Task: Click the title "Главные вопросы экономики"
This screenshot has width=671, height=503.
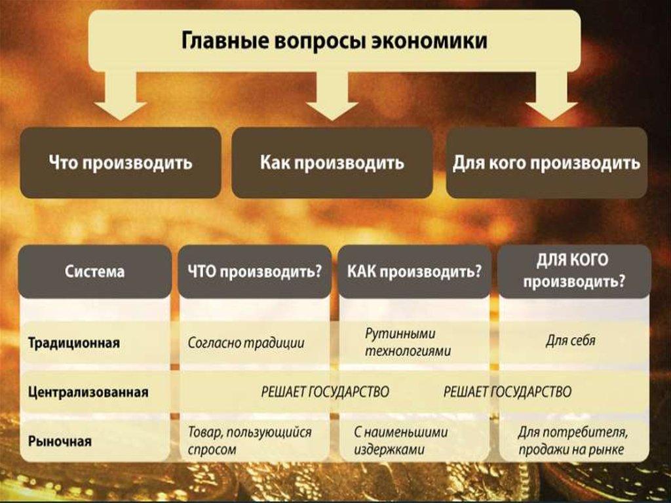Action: [x=334, y=41]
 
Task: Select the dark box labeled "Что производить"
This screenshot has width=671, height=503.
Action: [x=121, y=163]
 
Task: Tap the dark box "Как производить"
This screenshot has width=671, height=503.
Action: [x=332, y=163]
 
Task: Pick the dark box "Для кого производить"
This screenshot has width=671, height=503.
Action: [x=546, y=163]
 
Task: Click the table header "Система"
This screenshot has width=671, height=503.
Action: [x=94, y=271]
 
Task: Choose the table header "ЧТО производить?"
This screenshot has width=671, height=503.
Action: [x=254, y=271]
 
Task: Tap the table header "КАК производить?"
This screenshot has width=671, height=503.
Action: [x=414, y=271]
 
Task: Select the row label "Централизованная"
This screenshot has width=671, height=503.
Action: [x=88, y=392]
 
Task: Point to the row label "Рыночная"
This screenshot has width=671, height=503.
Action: [x=60, y=441]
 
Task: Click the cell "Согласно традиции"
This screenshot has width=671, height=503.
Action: [x=246, y=342]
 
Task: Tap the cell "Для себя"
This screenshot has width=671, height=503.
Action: [x=570, y=342]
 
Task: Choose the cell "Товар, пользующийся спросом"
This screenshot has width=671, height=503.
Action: [x=250, y=441]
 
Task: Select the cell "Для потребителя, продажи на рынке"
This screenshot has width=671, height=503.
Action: [x=573, y=441]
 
